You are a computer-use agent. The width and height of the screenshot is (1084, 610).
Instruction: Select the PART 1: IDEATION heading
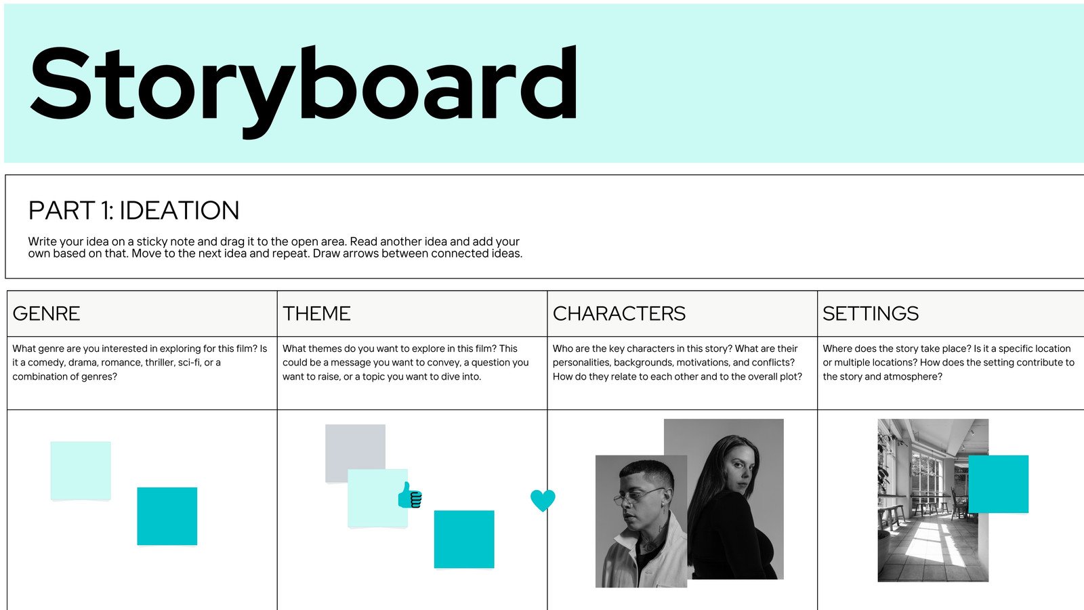(133, 211)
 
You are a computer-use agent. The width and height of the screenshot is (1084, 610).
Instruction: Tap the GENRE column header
(46, 314)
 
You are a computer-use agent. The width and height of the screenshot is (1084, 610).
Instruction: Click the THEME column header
(316, 314)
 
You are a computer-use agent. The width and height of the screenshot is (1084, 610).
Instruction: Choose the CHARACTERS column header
(619, 314)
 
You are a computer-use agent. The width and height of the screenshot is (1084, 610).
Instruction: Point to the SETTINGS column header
(870, 314)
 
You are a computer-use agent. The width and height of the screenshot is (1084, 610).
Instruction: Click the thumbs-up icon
(410, 495)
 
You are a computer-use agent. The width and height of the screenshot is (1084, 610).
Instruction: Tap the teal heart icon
(543, 500)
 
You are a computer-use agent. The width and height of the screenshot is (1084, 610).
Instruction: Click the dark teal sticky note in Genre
(167, 516)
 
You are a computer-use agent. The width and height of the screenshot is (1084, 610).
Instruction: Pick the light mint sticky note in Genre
(81, 471)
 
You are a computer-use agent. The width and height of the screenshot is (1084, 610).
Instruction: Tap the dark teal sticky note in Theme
(464, 539)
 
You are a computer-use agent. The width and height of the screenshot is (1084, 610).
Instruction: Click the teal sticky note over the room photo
(998, 484)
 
